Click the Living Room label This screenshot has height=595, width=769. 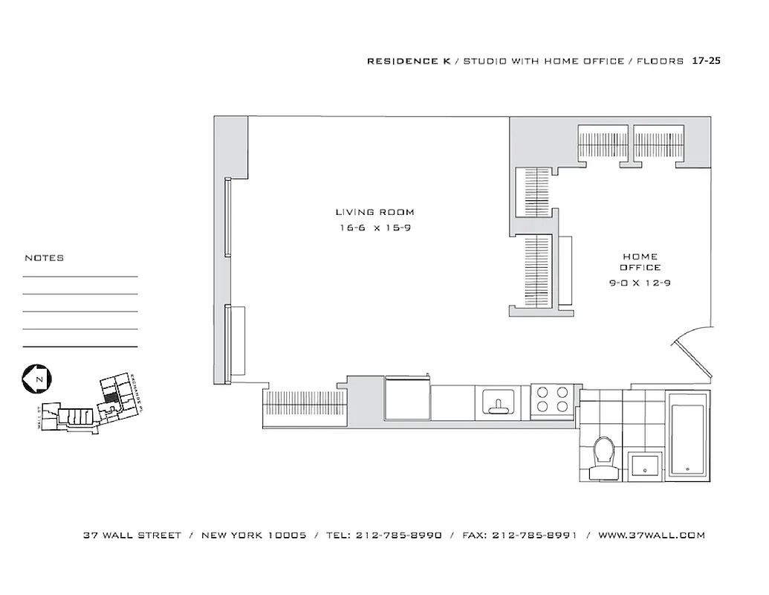click(x=374, y=213)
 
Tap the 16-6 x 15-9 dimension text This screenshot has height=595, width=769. click(x=374, y=228)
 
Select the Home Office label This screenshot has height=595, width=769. click(x=640, y=262)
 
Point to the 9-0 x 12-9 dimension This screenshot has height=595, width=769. click(x=640, y=283)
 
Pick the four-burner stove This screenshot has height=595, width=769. click(x=551, y=399)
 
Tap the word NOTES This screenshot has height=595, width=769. click(x=45, y=258)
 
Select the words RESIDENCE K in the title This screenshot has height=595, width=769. click(x=403, y=61)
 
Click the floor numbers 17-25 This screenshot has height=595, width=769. click(x=706, y=61)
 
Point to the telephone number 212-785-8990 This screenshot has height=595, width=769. click(x=399, y=535)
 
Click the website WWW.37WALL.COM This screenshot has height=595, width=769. click(x=652, y=535)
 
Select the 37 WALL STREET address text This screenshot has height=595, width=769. click(x=132, y=535)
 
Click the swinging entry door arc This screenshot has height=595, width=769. click(x=691, y=350)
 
